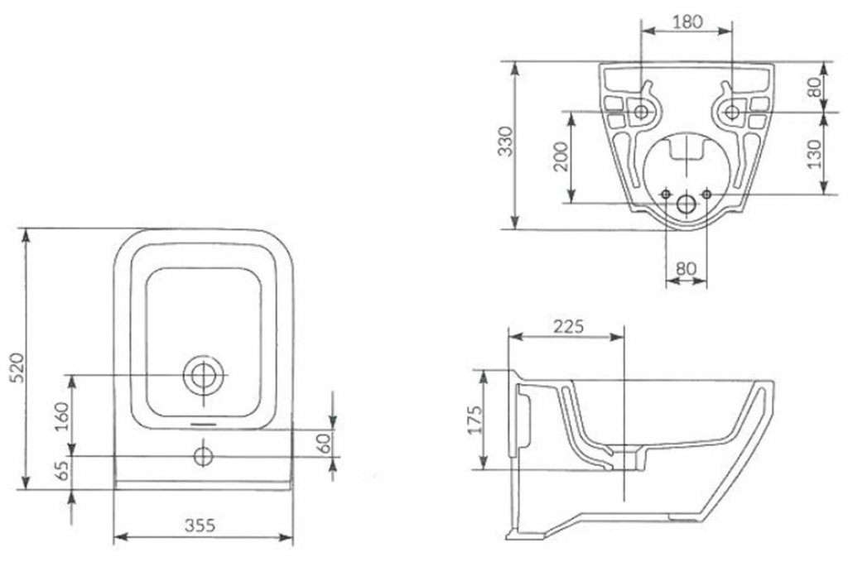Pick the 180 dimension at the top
(x=687, y=22)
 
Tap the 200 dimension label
(x=561, y=156)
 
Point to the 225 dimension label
(x=568, y=325)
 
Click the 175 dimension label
(x=475, y=424)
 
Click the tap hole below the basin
(x=203, y=455)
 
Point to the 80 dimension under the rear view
(x=687, y=269)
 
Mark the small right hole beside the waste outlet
(x=706, y=193)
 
